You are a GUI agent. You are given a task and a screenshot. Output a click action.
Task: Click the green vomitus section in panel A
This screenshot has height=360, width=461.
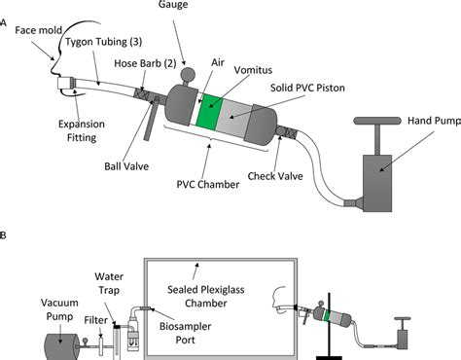[207, 112]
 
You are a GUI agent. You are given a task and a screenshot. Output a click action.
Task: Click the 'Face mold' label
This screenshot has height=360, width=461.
[34, 30]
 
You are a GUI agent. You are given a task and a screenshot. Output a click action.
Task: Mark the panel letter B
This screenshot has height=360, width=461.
[7, 236]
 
